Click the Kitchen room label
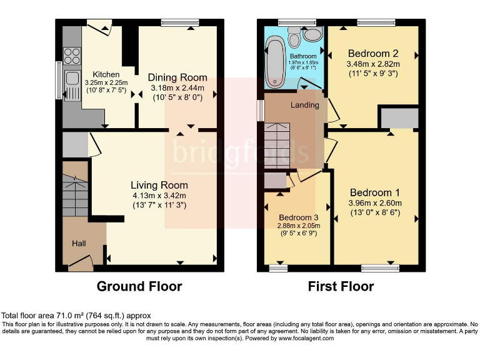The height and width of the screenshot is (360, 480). pyautogui.click(x=106, y=74)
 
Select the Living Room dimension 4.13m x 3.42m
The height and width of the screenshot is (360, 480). pyautogui.click(x=159, y=195)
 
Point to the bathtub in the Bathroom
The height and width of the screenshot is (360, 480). pyautogui.click(x=275, y=62)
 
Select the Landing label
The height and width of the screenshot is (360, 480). pyautogui.click(x=304, y=105)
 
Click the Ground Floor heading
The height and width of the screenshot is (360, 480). pyautogui.click(x=139, y=287)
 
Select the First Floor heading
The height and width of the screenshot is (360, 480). pyautogui.click(x=341, y=287)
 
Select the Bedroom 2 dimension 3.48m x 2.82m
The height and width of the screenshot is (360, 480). pyautogui.click(x=373, y=64)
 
